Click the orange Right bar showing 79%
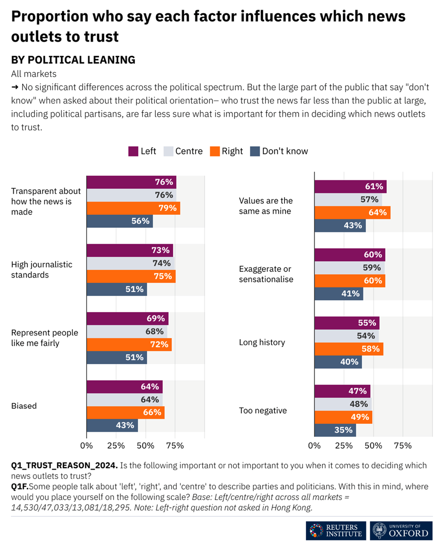133,208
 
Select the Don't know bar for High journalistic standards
116,289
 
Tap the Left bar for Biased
125,386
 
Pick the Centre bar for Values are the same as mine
348,200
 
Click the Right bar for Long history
349,349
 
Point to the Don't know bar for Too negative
335,430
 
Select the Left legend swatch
133,151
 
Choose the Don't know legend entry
279,151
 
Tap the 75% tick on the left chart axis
175,445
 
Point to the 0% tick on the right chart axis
315,445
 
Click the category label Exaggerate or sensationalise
266,274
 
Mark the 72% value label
159,344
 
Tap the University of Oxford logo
401,530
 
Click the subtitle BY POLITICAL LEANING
73,60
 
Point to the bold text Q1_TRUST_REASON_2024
64,466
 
